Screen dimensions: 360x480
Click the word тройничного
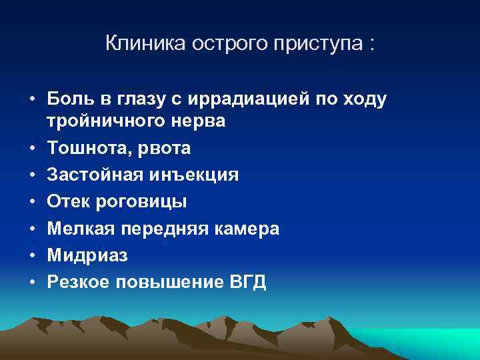pyautogui.click(x=103, y=121)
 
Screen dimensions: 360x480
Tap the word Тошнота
pyautogui.click(x=88, y=147)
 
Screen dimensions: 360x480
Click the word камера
pyautogui.click(x=248, y=228)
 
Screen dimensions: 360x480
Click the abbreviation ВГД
pyautogui.click(x=246, y=281)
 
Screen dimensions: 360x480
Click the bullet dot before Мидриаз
pyautogui.click(x=32, y=255)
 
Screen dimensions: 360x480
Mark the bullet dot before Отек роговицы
pyautogui.click(x=32, y=201)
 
